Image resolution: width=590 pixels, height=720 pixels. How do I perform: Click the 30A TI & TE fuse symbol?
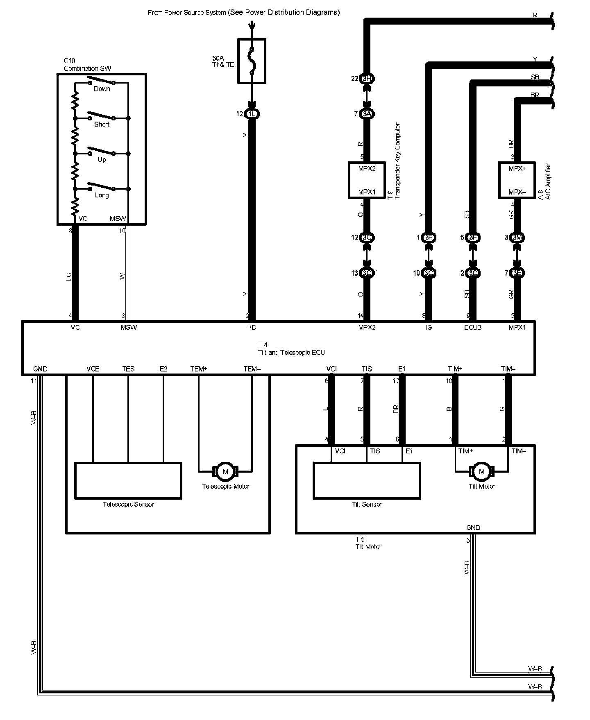point(252,61)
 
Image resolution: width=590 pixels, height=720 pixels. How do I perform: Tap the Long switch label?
point(102,195)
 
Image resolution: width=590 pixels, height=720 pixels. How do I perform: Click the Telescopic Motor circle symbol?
point(225,472)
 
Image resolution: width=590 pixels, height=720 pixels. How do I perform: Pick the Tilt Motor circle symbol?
point(481,472)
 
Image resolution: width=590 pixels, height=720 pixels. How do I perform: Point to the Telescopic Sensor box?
point(128,480)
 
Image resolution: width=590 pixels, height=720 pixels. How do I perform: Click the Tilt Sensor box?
point(367,480)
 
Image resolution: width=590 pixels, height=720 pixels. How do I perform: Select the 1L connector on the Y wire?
point(252,114)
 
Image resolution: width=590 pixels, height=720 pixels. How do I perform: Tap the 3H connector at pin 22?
point(367,79)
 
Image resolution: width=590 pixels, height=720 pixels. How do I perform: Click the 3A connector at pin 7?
point(367,114)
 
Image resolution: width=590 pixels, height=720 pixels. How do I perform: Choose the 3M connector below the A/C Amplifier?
point(517,238)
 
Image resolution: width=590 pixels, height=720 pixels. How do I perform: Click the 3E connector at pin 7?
point(517,273)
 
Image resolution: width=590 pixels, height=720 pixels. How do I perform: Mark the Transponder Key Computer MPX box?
point(367,180)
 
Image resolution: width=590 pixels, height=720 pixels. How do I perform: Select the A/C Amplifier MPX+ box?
point(517,180)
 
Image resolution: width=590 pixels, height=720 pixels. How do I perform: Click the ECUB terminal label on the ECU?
point(473,327)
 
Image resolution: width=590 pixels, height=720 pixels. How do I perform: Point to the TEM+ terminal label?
point(199,369)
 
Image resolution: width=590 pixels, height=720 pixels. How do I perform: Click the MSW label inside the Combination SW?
point(118,219)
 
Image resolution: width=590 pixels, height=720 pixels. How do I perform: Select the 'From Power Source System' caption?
point(243,12)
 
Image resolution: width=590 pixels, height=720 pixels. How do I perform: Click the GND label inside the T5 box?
point(473,528)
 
